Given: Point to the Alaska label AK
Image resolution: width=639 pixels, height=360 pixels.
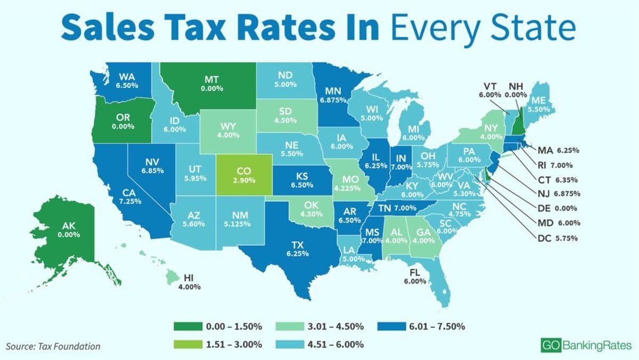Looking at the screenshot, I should [69, 226].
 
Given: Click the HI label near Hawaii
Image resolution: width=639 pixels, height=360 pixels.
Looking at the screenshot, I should [189, 278].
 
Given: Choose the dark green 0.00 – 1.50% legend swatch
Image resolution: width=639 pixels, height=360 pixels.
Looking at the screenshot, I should [188, 326].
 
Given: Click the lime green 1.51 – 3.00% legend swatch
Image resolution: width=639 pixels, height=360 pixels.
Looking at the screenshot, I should [188, 343].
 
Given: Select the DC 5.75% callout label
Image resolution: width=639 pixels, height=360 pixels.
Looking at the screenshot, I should [558, 238].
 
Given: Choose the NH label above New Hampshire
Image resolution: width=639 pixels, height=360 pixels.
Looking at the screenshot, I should [516, 86].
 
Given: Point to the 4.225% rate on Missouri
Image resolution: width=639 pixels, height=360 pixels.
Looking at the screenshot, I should [346, 187].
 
